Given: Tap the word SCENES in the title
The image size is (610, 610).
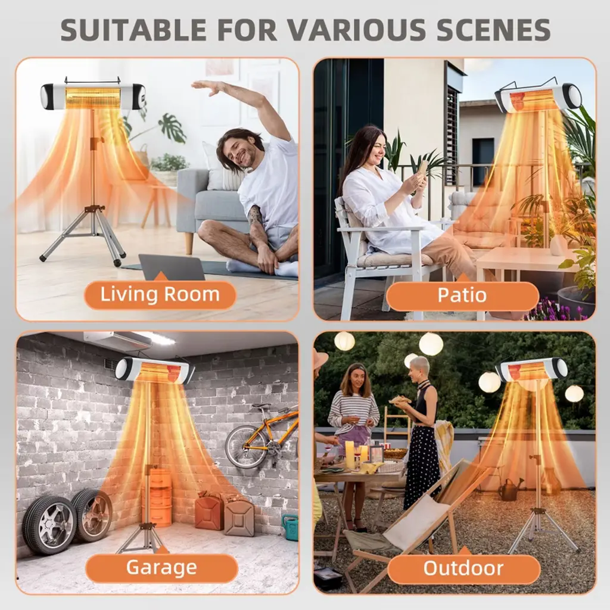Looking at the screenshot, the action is tap(487, 29).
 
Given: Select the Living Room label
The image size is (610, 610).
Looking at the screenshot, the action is tap(160, 294).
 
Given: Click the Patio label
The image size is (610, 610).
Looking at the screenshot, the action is tap(462, 295).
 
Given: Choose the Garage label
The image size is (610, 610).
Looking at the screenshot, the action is tap(161, 567).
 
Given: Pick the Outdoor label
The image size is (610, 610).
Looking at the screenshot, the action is tap(463, 568).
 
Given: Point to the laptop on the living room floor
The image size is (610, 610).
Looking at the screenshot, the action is tap(172, 267).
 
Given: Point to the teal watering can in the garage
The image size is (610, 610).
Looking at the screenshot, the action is tap(290, 528).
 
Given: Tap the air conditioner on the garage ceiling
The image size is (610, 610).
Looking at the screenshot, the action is tap(117, 340).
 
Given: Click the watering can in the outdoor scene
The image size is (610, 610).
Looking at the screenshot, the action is tap(511, 490).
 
